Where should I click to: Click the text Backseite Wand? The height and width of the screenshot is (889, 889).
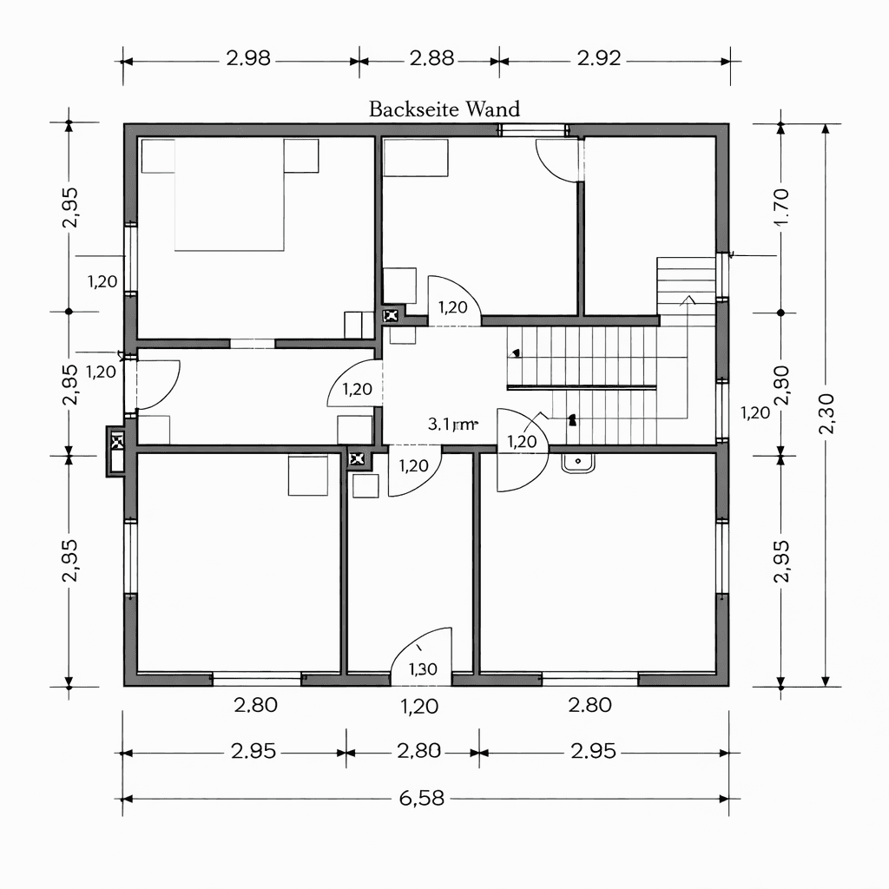[444, 109]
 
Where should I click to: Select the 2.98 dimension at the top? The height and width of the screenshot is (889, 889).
[248, 59]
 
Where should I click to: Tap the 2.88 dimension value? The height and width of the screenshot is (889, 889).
[431, 59]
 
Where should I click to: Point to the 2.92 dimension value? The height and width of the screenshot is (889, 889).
[599, 59]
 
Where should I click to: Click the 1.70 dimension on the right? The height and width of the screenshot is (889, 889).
[780, 207]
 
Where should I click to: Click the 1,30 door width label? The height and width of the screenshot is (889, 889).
[422, 668]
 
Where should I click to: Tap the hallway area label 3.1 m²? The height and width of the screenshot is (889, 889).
[452, 425]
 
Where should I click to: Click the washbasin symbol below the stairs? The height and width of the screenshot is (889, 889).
[579, 463]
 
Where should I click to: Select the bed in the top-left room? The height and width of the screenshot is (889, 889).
[230, 195]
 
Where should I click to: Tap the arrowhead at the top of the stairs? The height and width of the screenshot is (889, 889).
[688, 300]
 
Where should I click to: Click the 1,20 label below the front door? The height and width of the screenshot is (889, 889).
[419, 705]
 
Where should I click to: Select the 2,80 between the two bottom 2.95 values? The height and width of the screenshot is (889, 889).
[419, 751]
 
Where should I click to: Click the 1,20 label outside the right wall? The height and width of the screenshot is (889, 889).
[756, 412]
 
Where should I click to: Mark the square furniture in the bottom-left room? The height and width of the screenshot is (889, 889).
[308, 475]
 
